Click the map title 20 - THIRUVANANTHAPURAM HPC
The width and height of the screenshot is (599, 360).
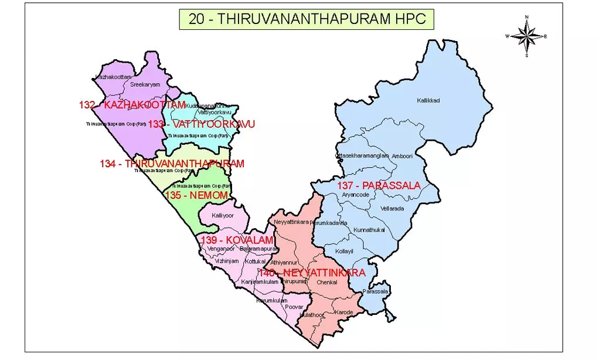pyautogui.click(x=306, y=19)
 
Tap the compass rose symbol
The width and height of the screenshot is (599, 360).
pyautogui.click(x=526, y=36)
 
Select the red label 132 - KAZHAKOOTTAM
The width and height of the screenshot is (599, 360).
pyautogui.click(x=132, y=105)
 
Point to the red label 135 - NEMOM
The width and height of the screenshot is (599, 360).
pyautogui.click(x=196, y=195)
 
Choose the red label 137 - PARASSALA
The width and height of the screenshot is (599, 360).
pyautogui.click(x=379, y=186)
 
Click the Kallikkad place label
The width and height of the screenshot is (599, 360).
pyautogui.click(x=428, y=101)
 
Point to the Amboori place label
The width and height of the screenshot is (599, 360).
pyautogui.click(x=402, y=156)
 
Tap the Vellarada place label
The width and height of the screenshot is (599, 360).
pyautogui.click(x=392, y=209)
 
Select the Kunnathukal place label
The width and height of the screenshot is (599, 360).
pyautogui.click(x=369, y=230)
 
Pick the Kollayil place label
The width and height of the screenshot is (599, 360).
pyautogui.click(x=345, y=251)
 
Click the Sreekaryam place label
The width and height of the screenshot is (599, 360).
pyautogui.click(x=145, y=84)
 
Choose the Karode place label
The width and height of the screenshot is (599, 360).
pyautogui.click(x=344, y=312)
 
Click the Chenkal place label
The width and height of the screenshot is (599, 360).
pyautogui.click(x=327, y=282)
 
